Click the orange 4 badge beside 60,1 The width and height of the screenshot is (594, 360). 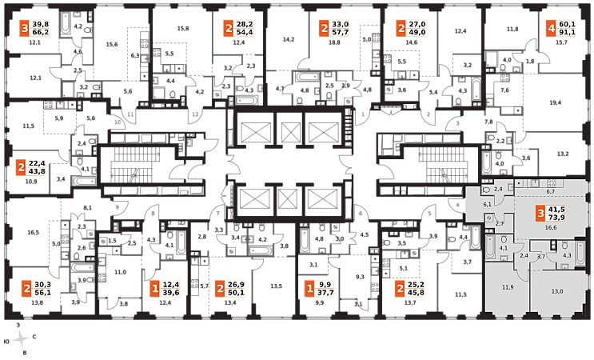tap(551, 29)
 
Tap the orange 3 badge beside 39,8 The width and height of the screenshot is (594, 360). tap(25, 29)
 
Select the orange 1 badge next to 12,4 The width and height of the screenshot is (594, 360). tap(154, 289)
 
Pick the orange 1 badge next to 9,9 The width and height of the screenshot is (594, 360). tap(310, 289)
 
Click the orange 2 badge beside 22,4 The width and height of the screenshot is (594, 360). tap(20, 168)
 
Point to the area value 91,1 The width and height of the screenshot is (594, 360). tap(567, 34)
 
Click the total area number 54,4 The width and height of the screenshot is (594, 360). tap(243, 34)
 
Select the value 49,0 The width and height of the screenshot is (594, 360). tap(417, 34)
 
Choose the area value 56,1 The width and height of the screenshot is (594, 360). tap(42, 294)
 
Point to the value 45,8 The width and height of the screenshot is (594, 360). tap(413, 294)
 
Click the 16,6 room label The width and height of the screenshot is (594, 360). tap(550, 228)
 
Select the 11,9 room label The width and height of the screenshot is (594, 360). tap(508, 286)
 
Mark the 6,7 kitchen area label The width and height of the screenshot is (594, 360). tap(550, 192)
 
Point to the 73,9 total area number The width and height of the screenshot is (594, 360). tap(557, 218)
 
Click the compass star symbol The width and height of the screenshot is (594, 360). tap(22, 338)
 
